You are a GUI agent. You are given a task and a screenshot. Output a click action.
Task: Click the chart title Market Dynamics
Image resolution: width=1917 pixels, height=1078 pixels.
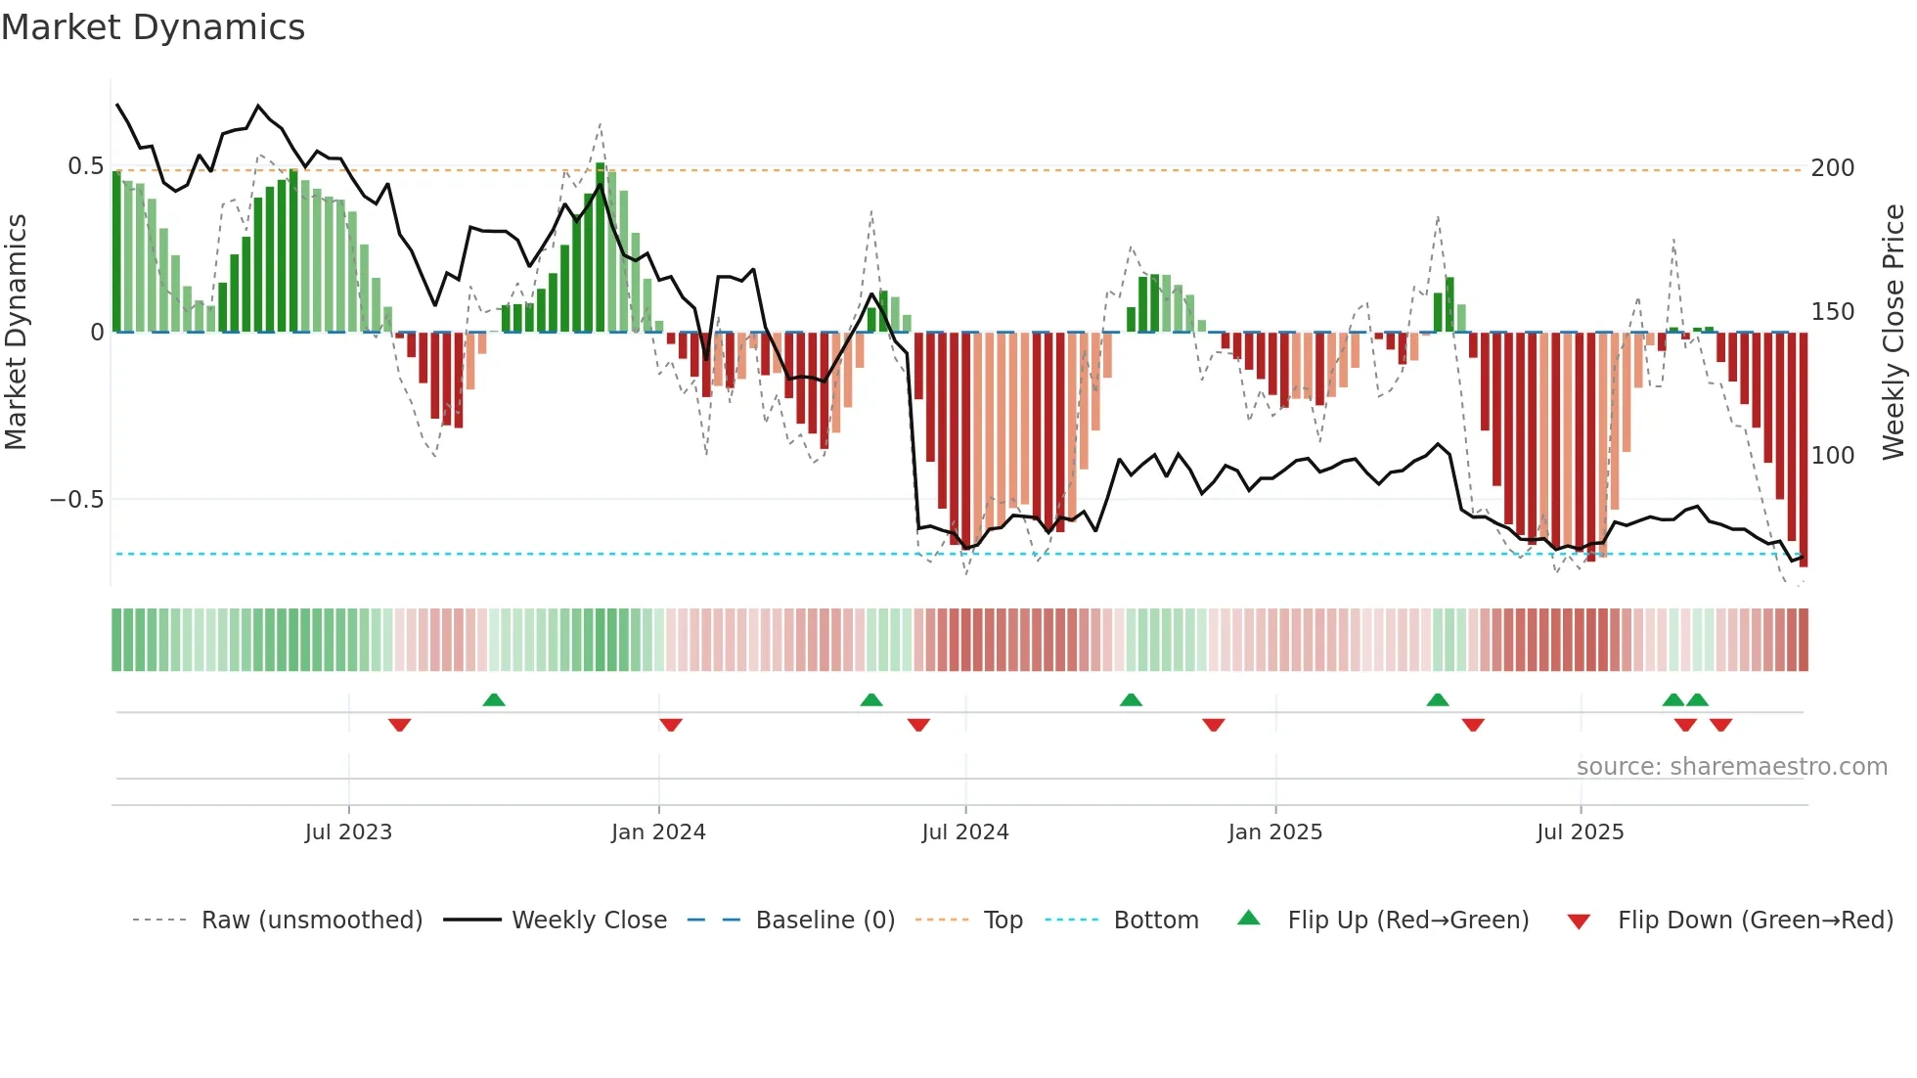pyautogui.click(x=154, y=27)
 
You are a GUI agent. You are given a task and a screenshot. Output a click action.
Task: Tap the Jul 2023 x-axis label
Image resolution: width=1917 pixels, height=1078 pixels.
pyautogui.click(x=348, y=832)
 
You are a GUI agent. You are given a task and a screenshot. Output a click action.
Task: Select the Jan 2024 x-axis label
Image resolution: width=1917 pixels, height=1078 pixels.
pyautogui.click(x=658, y=832)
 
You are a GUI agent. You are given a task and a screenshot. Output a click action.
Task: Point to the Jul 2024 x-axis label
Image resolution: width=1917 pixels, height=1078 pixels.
pyautogui.click(x=965, y=832)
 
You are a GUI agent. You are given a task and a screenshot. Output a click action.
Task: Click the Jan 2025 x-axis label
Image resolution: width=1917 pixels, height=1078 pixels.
pyautogui.click(x=1275, y=832)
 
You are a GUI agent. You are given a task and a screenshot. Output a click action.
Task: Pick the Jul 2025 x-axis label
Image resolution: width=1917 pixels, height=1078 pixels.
pyautogui.click(x=1581, y=832)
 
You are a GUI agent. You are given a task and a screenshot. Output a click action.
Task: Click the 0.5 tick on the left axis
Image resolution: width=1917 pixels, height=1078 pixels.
pyautogui.click(x=85, y=166)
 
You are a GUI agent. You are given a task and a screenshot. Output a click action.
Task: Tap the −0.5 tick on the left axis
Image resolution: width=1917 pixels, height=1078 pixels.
pyautogui.click(x=77, y=500)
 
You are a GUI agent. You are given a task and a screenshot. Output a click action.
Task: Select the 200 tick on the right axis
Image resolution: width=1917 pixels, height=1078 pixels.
pyautogui.click(x=1833, y=168)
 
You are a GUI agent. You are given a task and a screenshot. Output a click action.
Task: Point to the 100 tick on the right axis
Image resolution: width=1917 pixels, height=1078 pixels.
pyautogui.click(x=1833, y=456)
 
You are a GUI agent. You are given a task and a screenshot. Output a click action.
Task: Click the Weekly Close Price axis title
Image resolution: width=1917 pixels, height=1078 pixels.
pyautogui.click(x=1895, y=333)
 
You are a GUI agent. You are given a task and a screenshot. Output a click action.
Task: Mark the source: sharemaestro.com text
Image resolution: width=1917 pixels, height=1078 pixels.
pyautogui.click(x=1731, y=767)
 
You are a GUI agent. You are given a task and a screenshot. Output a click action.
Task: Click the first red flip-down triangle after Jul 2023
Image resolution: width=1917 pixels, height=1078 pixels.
pyautogui.click(x=399, y=725)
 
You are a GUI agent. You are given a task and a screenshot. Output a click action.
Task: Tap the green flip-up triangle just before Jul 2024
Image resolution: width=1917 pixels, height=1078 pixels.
pyautogui.click(x=871, y=699)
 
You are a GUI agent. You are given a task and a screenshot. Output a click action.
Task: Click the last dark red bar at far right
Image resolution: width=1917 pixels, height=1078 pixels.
pyautogui.click(x=1804, y=450)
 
